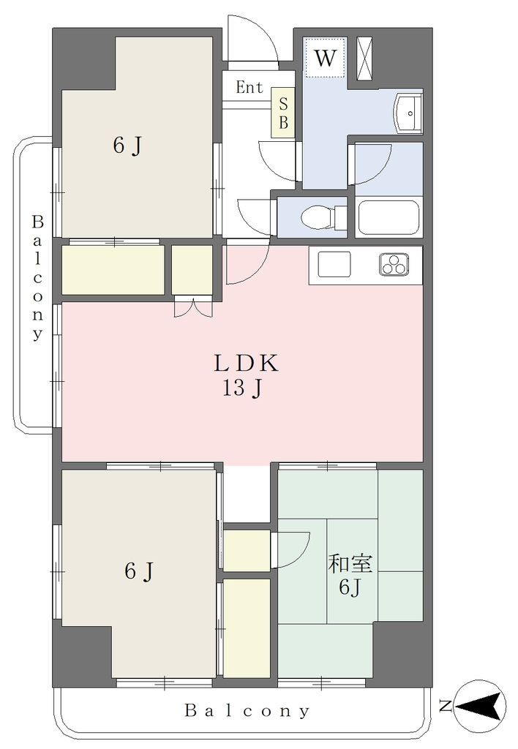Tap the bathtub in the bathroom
(x=388, y=218)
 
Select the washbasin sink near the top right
(x=408, y=113)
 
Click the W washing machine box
(x=324, y=57)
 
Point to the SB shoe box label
(x=283, y=113)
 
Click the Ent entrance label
(x=249, y=87)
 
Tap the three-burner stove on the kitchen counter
(x=394, y=264)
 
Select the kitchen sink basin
(x=334, y=263)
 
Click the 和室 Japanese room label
(x=350, y=564)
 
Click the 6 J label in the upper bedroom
(x=127, y=146)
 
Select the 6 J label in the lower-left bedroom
(x=139, y=571)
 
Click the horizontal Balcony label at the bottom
(x=247, y=711)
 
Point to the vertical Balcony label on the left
(x=37, y=277)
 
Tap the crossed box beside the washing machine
(x=367, y=59)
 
